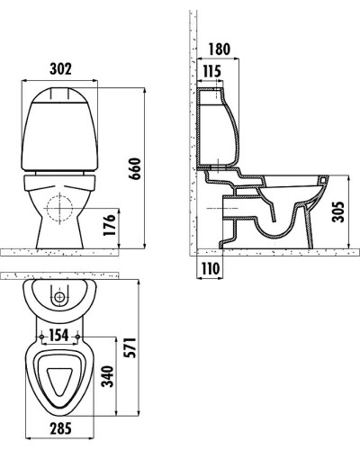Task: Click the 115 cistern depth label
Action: [211, 71]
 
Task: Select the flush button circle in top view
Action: [60, 297]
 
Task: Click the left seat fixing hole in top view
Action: [41, 338]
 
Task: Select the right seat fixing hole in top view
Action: [81, 338]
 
